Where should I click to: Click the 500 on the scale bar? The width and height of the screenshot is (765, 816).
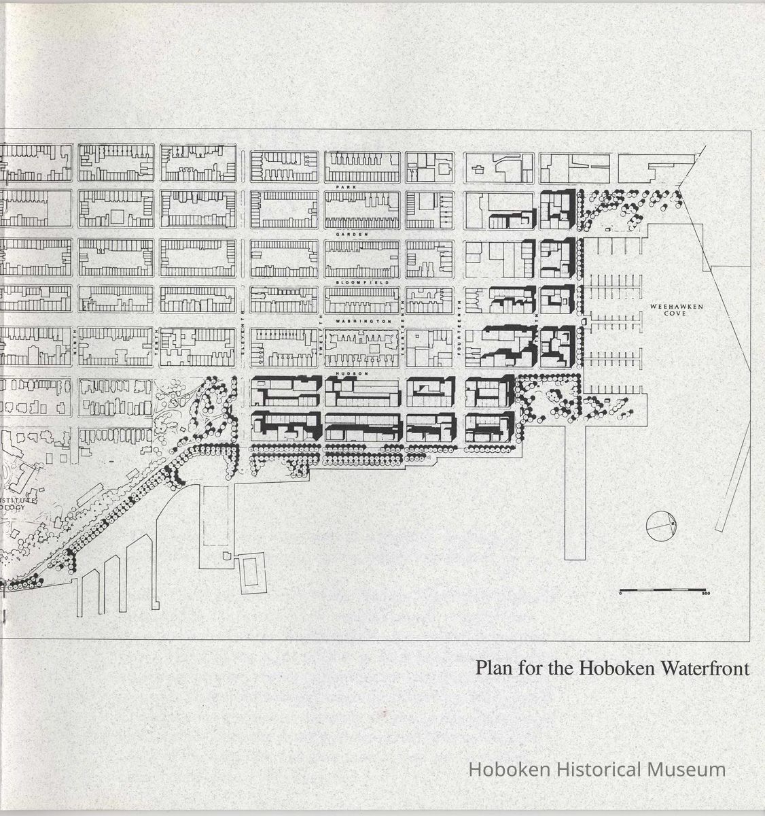(705, 594)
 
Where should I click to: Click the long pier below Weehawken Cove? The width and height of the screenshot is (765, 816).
(575, 490)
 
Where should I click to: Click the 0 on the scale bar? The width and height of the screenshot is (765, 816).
(621, 594)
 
